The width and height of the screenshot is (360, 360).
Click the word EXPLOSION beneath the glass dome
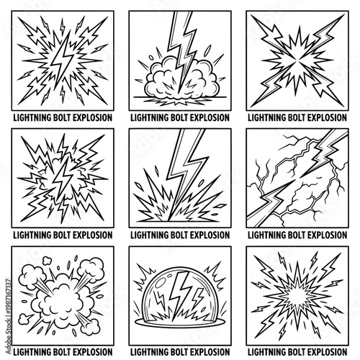click(207, 353)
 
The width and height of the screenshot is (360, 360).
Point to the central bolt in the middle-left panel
click(60, 176)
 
